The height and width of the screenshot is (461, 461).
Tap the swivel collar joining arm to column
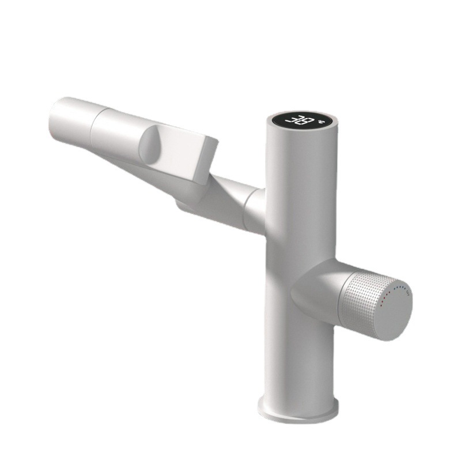[254, 208]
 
